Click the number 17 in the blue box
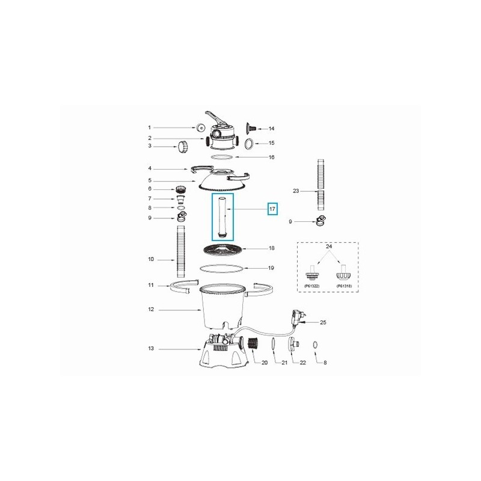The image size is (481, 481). coord(272,209)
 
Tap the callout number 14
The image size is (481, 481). coord(271,129)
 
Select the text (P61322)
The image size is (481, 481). coord(311,286)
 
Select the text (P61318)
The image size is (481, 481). coord(345,286)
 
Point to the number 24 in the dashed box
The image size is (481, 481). coord(328,247)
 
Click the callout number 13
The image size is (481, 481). coord(151,348)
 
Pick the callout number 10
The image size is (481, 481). coord(151,259)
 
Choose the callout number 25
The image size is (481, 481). coord(323,323)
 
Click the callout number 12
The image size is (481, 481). coord(151,310)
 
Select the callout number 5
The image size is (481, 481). coord(151,180)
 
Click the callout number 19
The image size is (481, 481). coord(271,268)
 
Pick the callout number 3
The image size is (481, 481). coord(151,146)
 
